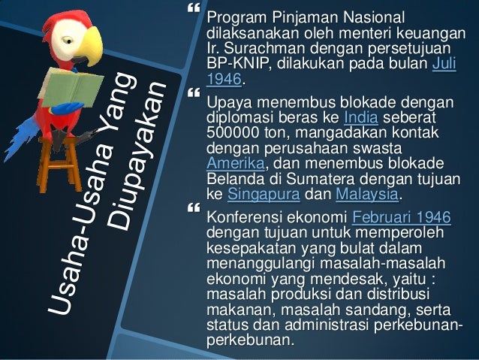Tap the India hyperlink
pyautogui.click(x=360, y=117)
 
